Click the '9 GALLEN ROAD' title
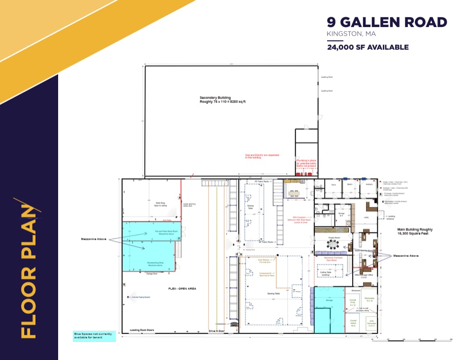387,22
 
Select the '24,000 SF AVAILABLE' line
367,47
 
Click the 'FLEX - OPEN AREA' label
182,289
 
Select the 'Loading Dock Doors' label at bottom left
142,330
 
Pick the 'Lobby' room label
366,217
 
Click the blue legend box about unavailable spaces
94,336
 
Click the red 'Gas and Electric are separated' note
259,156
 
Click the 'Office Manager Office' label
364,275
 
